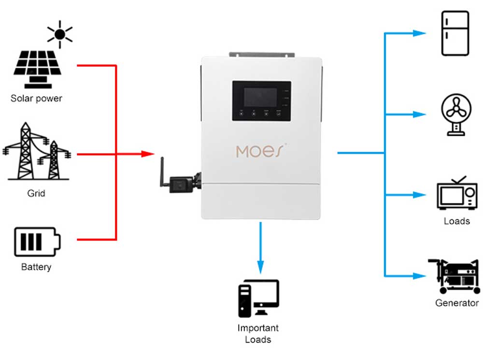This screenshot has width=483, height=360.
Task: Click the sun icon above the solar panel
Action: tap(60, 34)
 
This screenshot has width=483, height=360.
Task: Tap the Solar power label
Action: tap(37, 99)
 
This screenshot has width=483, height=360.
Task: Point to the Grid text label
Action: tap(36, 193)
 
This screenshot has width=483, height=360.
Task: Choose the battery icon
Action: tap(37, 242)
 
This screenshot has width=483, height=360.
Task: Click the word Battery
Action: tap(36, 267)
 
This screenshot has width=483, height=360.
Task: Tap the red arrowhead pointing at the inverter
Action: tap(147, 154)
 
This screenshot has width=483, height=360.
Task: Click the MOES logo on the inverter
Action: tap(261, 151)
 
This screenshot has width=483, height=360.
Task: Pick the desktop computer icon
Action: tap(258, 298)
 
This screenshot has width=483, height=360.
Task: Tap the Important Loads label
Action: tap(258, 333)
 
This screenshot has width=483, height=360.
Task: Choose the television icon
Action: tap(456, 193)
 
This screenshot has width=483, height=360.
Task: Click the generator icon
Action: tap(455, 276)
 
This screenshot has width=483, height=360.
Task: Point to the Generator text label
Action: tap(456, 303)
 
